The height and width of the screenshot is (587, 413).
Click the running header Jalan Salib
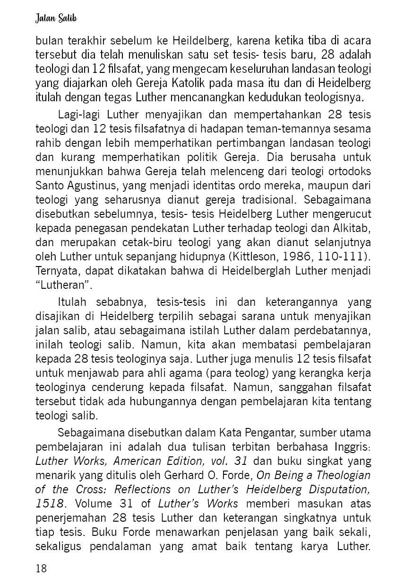[x=56, y=18]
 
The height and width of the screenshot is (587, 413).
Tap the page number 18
[x=42, y=568]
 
